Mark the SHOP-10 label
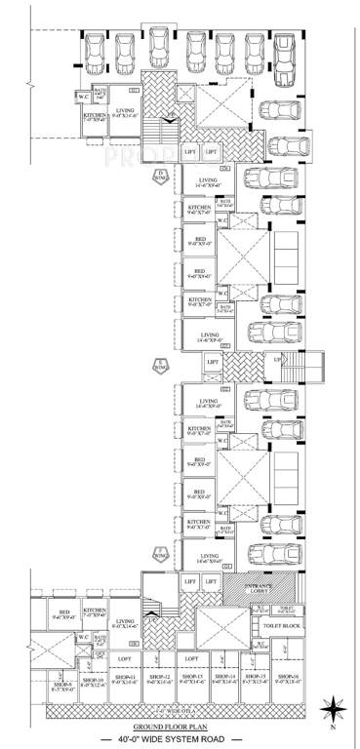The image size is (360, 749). (x=93, y=679)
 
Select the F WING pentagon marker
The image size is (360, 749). (x=161, y=555)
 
